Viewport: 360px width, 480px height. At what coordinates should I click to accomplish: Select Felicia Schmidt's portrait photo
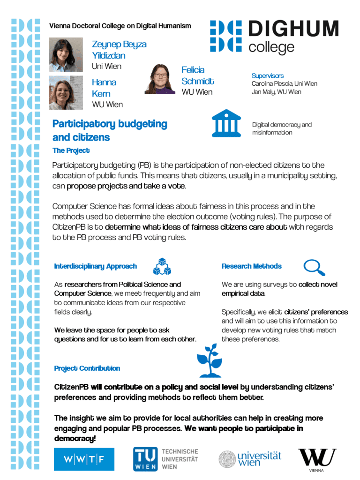tap(160, 79)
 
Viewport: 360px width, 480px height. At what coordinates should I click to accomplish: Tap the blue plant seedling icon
tap(209, 360)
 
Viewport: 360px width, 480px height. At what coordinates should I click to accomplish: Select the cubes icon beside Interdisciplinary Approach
tap(162, 266)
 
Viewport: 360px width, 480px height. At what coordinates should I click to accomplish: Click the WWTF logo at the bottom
tap(84, 459)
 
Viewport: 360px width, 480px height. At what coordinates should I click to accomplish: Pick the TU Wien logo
tap(165, 459)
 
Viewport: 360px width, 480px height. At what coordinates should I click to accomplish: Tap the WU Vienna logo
tap(317, 459)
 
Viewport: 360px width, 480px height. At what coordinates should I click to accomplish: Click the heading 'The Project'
tap(71, 150)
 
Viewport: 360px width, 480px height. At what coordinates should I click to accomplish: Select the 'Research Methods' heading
tap(251, 266)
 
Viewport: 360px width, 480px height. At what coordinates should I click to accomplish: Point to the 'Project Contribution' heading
tap(87, 368)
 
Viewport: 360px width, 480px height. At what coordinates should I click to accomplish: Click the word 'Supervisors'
tap(267, 75)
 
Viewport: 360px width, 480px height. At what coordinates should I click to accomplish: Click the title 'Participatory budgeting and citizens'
tap(110, 130)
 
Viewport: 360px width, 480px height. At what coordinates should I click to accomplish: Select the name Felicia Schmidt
tap(197, 75)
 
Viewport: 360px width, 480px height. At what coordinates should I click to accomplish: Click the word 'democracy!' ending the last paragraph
tap(75, 439)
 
